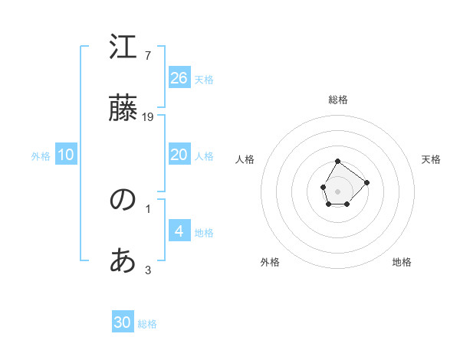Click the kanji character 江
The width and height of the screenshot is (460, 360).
(x=123, y=47)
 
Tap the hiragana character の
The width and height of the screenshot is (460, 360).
(x=123, y=200)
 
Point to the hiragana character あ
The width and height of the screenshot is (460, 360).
(x=123, y=261)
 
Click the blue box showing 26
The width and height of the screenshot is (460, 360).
(x=179, y=78)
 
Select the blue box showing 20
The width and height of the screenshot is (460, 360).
(x=179, y=155)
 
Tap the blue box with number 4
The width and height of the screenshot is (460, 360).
(x=179, y=231)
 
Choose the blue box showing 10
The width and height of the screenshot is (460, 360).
(x=66, y=155)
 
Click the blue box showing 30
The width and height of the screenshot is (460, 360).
(x=123, y=322)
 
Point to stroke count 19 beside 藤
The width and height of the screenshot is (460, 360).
(x=149, y=117)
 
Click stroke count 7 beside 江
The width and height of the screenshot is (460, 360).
(x=147, y=56)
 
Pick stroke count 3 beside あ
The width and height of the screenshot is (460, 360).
(x=148, y=270)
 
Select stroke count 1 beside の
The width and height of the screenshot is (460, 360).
(x=148, y=208)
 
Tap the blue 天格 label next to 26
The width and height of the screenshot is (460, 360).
(x=204, y=80)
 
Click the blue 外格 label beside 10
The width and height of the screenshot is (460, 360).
(x=41, y=156)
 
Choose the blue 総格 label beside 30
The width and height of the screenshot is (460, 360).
(x=147, y=324)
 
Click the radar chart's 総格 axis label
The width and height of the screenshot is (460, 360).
(x=338, y=100)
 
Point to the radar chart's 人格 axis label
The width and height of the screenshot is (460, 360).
(x=245, y=159)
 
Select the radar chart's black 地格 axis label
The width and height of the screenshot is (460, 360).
(x=402, y=262)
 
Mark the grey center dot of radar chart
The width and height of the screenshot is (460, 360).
(x=337, y=190)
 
